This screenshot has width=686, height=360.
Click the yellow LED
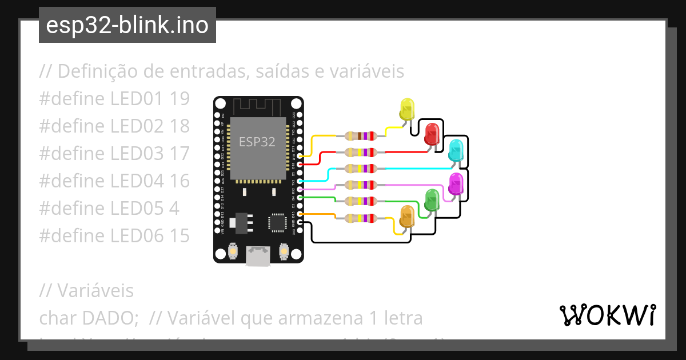point(407,109)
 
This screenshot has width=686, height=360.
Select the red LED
point(432,133)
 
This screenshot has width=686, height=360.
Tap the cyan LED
point(456,149)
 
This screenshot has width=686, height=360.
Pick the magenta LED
point(456,183)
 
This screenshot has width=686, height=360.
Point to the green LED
point(432,199)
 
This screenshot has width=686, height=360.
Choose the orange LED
point(407,216)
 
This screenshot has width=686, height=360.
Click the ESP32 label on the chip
point(257,142)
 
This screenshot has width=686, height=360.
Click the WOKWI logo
point(607,315)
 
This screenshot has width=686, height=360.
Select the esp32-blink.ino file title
point(127,25)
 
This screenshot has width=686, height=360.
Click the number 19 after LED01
point(180,99)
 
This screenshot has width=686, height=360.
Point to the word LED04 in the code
point(137,181)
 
